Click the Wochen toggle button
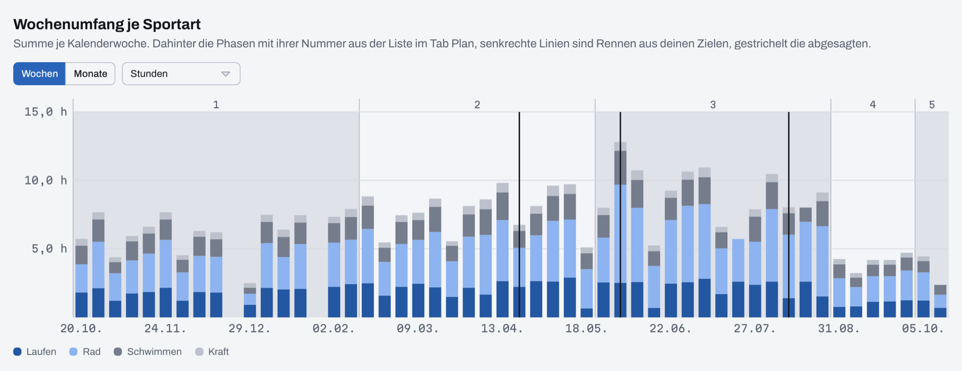[x=40, y=73]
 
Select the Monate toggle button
[x=90, y=73]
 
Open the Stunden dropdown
[x=181, y=73]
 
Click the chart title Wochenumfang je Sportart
[x=107, y=24]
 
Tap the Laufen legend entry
[x=35, y=352]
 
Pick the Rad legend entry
[x=85, y=352]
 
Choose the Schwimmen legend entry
[x=148, y=352]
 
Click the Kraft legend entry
[x=212, y=352]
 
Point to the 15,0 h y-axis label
[x=46, y=112]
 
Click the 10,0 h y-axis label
[x=46, y=180]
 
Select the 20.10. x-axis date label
[x=81, y=328]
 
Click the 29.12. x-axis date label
[x=249, y=328]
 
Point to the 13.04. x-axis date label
[x=502, y=328]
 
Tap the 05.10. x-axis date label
[x=923, y=328]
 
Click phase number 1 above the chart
[x=216, y=105]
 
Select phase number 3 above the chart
[x=713, y=105]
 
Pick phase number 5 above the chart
[x=932, y=105]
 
